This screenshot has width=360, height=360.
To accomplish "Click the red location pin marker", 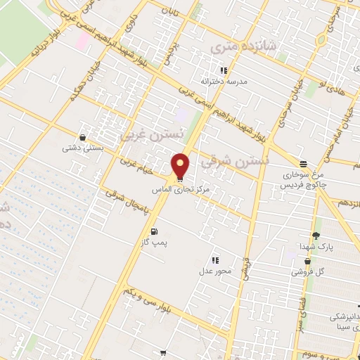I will tap(181, 166).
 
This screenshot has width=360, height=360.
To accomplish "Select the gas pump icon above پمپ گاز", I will tap(154, 231).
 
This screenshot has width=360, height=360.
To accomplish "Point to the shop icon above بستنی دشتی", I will tap(84, 138).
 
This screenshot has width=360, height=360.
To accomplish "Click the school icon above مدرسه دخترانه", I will tap(224, 70).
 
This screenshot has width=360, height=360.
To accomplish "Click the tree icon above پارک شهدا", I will tap(316, 236).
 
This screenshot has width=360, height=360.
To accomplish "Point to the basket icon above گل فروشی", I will tap(307, 260).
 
